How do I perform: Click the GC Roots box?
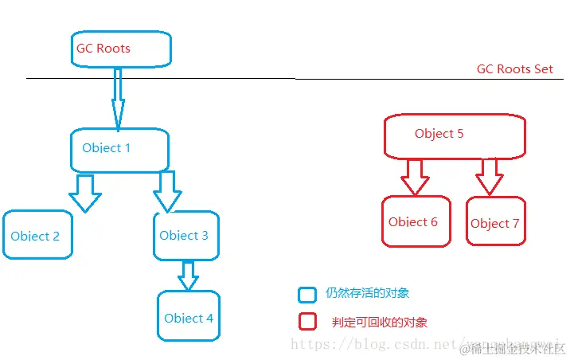[x=120, y=49]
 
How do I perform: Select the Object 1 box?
[x=119, y=150]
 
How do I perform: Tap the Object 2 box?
[x=37, y=236]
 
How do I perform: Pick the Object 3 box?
[x=185, y=236]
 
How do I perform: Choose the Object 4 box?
[x=188, y=317]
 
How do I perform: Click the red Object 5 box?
[x=455, y=135]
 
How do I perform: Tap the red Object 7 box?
[x=494, y=224]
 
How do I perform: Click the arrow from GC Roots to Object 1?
[x=118, y=98]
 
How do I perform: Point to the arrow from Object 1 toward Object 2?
[x=84, y=192]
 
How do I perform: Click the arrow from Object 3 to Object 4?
[x=188, y=276]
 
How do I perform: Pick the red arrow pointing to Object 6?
[x=415, y=176]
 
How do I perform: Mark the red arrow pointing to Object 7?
[x=488, y=176]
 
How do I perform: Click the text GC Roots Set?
[x=514, y=69]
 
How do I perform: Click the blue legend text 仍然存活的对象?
[x=367, y=293]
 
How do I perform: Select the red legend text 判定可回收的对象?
[x=380, y=323]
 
